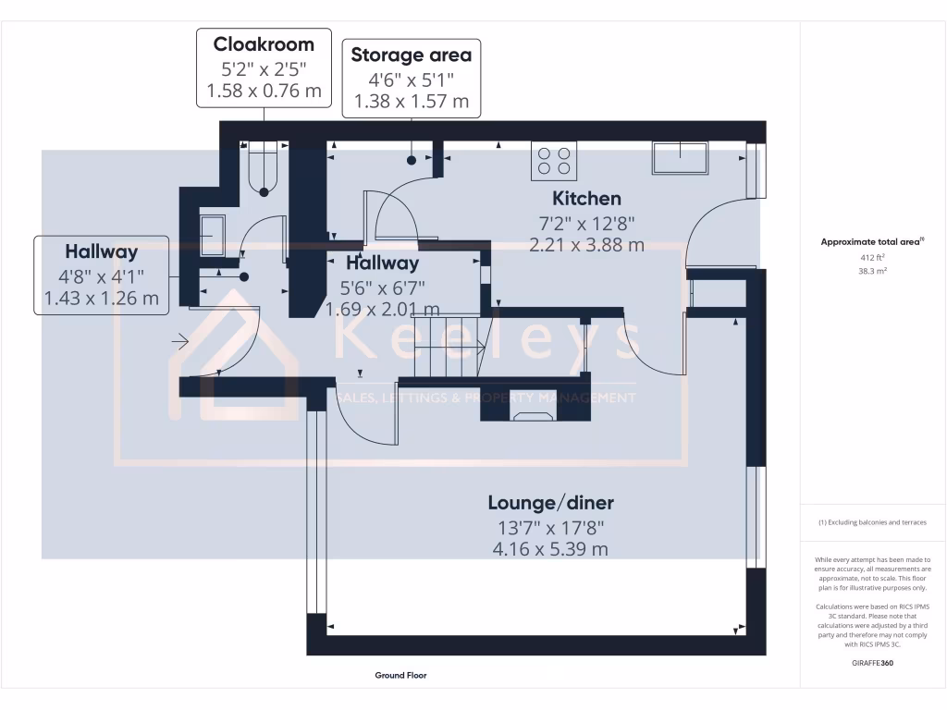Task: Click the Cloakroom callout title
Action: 264,44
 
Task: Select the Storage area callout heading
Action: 411,55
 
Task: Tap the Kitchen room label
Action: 586,198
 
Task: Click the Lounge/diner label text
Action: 550,503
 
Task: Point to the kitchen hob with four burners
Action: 553,161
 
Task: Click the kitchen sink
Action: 680,158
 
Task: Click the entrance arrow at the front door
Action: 180,343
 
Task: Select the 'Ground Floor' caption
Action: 400,676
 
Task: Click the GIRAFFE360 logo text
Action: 873,663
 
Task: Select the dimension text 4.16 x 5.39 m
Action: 550,548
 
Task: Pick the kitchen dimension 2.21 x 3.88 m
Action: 586,245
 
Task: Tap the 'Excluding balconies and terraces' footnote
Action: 872,522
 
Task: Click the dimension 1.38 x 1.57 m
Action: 411,101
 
